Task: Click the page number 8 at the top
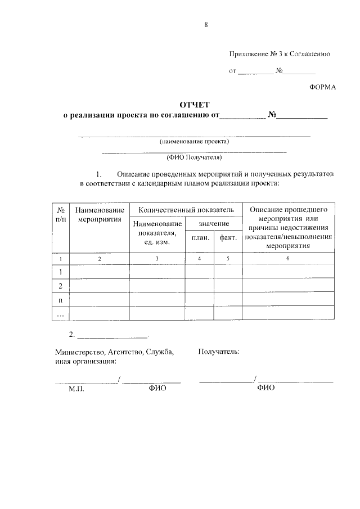(206, 25)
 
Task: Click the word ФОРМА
(322, 87)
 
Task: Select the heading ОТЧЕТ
(194, 105)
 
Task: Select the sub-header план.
(200, 238)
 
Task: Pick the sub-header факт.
(228, 238)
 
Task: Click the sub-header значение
(214, 223)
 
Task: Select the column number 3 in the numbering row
(157, 258)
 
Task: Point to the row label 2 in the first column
(60, 286)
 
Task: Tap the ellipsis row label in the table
(60, 314)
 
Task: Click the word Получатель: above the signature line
(219, 352)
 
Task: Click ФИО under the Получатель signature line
(265, 388)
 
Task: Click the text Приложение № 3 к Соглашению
(279, 54)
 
